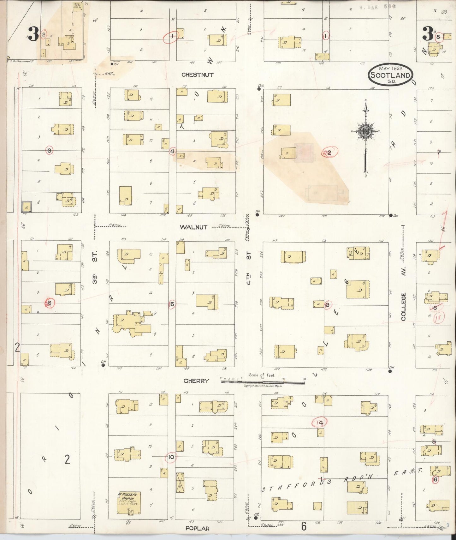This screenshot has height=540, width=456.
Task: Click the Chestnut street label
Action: coord(197,75)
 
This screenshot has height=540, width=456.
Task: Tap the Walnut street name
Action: coord(193,227)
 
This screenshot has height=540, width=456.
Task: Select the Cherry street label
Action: coord(196,381)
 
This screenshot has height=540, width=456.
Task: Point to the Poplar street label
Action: coord(197,528)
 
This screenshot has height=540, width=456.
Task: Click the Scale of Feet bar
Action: coord(263,382)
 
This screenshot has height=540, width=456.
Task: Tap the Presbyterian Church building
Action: coord(128,502)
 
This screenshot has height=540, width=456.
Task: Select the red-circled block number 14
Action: coord(320,423)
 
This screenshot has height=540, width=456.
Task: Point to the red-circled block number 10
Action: coord(171,457)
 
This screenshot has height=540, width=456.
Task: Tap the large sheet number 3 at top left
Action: coord(33,34)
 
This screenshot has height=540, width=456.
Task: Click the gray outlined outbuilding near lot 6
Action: coord(27,207)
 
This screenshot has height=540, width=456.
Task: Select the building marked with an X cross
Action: coord(180,482)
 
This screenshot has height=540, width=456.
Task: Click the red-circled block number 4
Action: coord(172,151)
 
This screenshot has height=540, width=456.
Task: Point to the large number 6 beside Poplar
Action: coord(304,526)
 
